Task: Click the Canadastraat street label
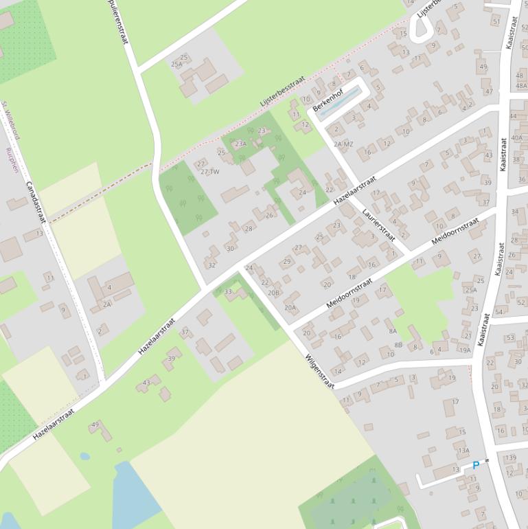(x=35, y=202)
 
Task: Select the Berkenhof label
(x=327, y=100)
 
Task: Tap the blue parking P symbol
(x=476, y=466)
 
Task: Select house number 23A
(x=240, y=144)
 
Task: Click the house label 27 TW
(x=210, y=172)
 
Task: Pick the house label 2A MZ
(x=343, y=144)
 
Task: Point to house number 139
(x=510, y=458)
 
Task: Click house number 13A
(x=463, y=451)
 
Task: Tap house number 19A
(x=465, y=350)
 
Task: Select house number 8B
(x=398, y=345)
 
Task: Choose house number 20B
(x=274, y=293)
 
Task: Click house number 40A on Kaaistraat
(x=517, y=138)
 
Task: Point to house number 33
(x=229, y=291)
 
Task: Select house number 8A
(x=393, y=330)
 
